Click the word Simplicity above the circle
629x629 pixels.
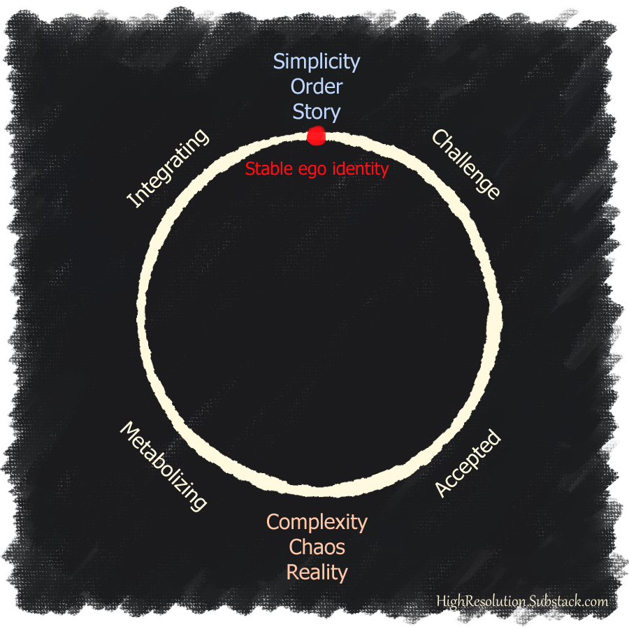tap(317, 62)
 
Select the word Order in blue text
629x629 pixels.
tap(317, 87)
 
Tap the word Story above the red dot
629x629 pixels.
tap(317, 112)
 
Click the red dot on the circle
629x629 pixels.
tap(316, 136)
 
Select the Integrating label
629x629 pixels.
tap(168, 168)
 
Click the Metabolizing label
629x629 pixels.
tap(164, 465)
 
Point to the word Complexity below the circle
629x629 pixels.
tap(317, 522)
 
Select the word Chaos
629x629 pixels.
tap(317, 547)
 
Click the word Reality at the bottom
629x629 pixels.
tap(317, 572)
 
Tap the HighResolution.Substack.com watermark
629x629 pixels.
tap(522, 601)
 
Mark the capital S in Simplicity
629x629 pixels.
tap(279, 62)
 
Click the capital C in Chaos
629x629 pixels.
tap(295, 547)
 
